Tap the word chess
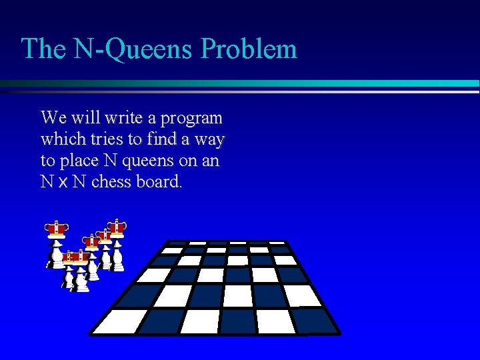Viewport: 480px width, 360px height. tap(111, 182)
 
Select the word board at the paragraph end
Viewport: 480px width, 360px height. tap(158, 182)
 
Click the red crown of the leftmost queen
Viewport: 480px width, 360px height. tap(57, 229)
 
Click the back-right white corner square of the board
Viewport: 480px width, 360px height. tap(277, 243)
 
